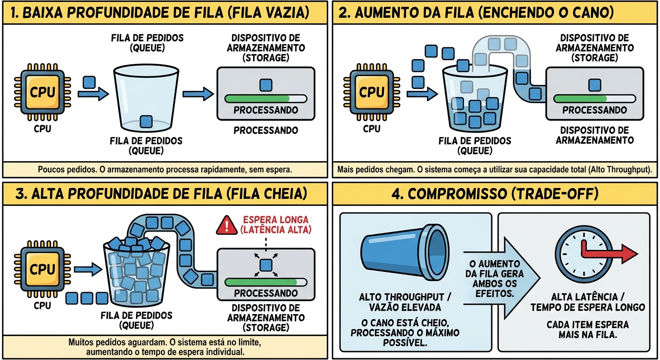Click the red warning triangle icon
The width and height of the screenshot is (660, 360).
pos(227,226)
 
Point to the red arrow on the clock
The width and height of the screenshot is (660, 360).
pos(609,254)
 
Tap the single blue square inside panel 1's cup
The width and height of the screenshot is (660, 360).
pos(147,121)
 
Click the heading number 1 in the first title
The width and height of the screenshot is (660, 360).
pos(14,13)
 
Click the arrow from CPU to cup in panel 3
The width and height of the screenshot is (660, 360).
pos(88,269)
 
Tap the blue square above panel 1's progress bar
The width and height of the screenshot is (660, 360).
pos(266,85)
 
